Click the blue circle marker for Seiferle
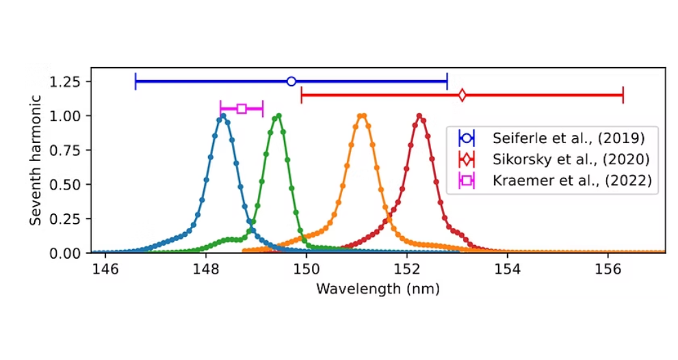(x=291, y=81)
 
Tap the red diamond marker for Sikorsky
(x=462, y=95)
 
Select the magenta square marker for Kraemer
(x=242, y=108)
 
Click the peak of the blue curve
(x=222, y=116)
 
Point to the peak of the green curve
(x=278, y=116)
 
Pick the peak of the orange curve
(x=363, y=116)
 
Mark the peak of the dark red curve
(x=419, y=116)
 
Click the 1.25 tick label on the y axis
(x=70, y=81)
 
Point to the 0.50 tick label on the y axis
(x=70, y=184)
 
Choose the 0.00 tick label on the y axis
(x=70, y=253)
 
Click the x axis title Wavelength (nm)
(x=378, y=288)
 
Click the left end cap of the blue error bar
(x=136, y=81)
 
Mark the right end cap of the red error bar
(x=623, y=95)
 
